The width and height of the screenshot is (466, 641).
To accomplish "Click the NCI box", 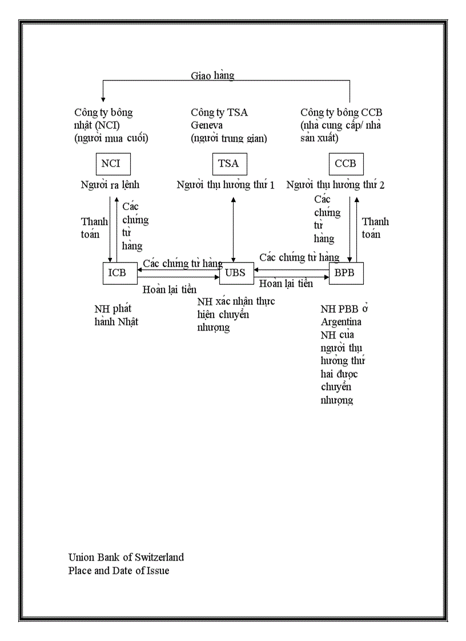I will coord(113,164).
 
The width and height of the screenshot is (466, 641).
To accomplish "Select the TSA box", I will coord(228,164).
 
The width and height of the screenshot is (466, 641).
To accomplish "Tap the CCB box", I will coord(346,164).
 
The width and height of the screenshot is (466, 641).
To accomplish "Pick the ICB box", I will coord(119,273).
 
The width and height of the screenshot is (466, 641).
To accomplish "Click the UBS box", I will coord(235,273).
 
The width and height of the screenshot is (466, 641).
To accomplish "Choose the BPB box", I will coord(346,273).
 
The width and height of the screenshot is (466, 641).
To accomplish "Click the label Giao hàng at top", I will coord(212,75).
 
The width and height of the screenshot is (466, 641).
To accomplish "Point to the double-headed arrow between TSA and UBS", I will coord(233,228).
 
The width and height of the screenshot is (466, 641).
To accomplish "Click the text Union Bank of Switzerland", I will coord(126,557).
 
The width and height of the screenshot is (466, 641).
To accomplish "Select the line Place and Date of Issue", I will coord(119,570).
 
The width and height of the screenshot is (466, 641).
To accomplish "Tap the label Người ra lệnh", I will coord(110,185).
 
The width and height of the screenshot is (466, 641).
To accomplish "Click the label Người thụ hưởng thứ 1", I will coord(226,185).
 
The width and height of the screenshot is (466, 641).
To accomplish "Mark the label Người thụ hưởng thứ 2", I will coord(335,185).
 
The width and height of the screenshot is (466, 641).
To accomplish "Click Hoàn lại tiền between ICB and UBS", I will coord(170,289).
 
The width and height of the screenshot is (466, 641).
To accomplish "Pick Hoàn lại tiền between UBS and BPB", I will coord(286,284).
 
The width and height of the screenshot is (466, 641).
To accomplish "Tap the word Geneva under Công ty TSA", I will coord(207,125).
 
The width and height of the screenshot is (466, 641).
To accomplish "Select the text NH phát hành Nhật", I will coord(116,316).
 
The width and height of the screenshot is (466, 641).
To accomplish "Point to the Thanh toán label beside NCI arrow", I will coord(94,227).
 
